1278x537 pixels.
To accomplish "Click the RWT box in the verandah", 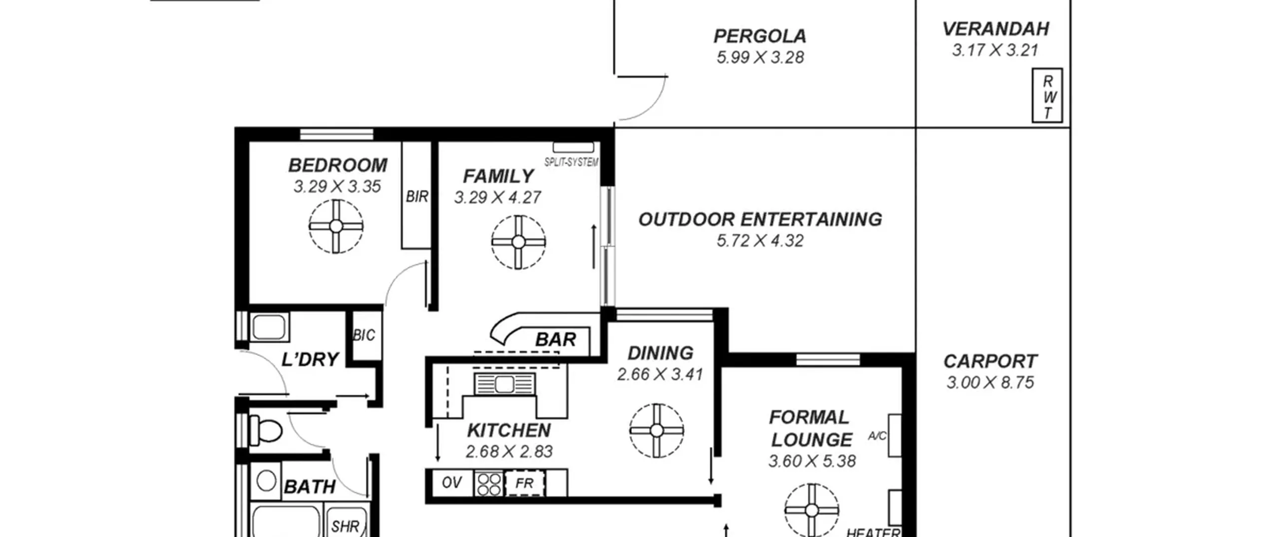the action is point(1047,95).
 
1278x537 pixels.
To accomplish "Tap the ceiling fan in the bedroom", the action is point(336,226).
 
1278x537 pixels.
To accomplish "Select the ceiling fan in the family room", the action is point(518,242).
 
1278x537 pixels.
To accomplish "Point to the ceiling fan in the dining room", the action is point(656,431).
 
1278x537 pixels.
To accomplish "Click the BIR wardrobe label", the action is point(417,197).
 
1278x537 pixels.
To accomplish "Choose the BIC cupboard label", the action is point(364,335).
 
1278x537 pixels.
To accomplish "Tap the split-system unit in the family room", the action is point(573,147).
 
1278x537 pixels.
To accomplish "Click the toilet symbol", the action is point(266,430).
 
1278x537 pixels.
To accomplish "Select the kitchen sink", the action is point(504,384).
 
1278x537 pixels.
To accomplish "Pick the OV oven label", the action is point(452,483).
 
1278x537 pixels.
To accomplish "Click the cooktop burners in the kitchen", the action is point(489,483).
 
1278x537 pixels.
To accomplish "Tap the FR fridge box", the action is point(524,483).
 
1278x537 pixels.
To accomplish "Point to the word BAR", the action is point(556,340).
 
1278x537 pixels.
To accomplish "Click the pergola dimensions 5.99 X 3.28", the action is point(760,57).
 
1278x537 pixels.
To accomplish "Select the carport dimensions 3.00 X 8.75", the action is point(990,383).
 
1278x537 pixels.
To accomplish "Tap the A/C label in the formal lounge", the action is point(877,436).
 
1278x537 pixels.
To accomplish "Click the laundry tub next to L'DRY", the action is point(269,327).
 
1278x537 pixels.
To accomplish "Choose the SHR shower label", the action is point(345,526).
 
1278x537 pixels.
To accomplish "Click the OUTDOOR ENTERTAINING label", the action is point(760,220).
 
